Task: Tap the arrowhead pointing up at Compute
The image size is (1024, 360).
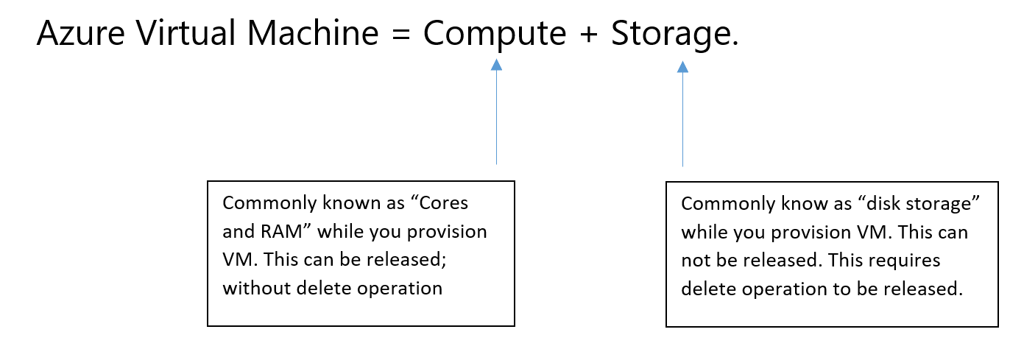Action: (x=496, y=66)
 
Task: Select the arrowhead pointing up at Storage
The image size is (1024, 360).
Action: (x=682, y=67)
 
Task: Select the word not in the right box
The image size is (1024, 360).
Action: (x=695, y=261)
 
